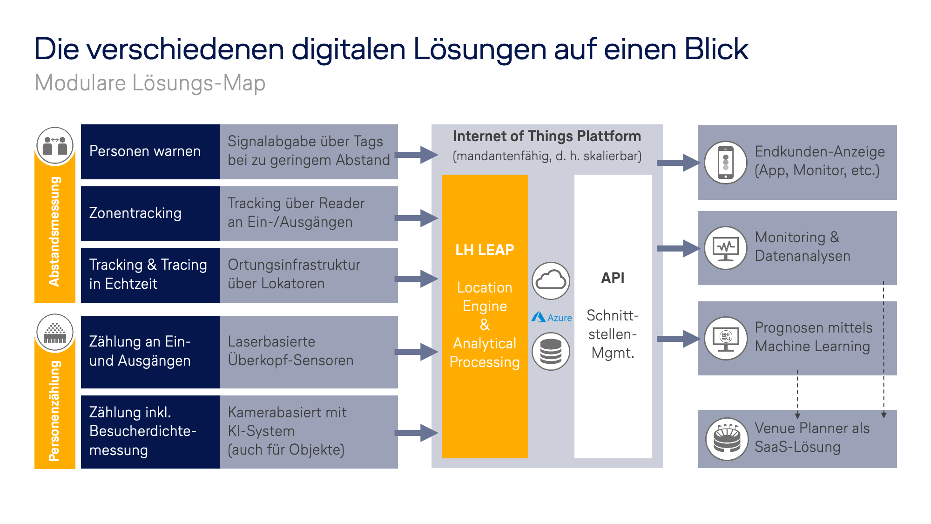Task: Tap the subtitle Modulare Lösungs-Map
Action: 150,83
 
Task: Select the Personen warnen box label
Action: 145,151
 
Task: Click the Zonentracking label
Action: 135,213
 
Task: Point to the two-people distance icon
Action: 55,146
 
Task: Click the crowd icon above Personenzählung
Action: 55,333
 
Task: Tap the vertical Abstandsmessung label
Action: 54,231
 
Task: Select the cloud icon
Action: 551,281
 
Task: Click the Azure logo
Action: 552,318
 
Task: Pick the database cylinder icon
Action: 551,352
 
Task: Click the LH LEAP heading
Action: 485,250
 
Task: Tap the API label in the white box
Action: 613,278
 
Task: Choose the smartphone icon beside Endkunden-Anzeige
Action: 726,163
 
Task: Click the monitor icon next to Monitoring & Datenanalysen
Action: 726,248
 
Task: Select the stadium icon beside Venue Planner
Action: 727,439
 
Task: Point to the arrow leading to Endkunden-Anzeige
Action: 679,163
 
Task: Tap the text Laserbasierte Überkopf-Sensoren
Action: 290,351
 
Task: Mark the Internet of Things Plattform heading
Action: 547,136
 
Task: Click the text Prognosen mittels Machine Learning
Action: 813,337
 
